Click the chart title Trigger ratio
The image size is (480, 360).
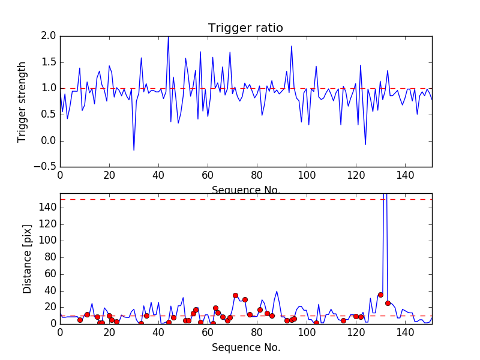(245, 28)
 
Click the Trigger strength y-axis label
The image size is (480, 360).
(22, 101)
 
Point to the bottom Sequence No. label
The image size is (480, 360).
(246, 347)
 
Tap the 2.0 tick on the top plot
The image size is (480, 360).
(49, 36)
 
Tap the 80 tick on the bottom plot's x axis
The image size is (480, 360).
(257, 332)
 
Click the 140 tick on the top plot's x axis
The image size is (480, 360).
(405, 175)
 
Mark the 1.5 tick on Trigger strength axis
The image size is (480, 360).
(49, 62)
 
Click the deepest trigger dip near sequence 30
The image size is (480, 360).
(134, 150)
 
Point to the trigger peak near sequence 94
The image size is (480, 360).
(292, 46)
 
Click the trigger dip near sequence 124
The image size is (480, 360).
(365, 145)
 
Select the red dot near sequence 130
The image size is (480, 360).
(380, 295)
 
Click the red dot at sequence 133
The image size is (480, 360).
(388, 303)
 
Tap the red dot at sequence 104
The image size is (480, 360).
(316, 323)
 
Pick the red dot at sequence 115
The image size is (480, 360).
(343, 320)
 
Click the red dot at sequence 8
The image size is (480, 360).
(80, 320)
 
